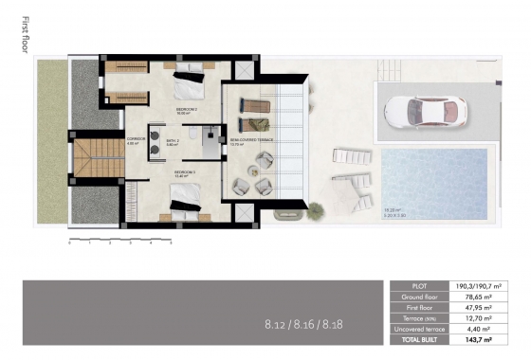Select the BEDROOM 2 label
[x=187, y=110]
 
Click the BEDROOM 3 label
[x=184, y=172]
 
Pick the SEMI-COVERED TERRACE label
[x=251, y=139]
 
